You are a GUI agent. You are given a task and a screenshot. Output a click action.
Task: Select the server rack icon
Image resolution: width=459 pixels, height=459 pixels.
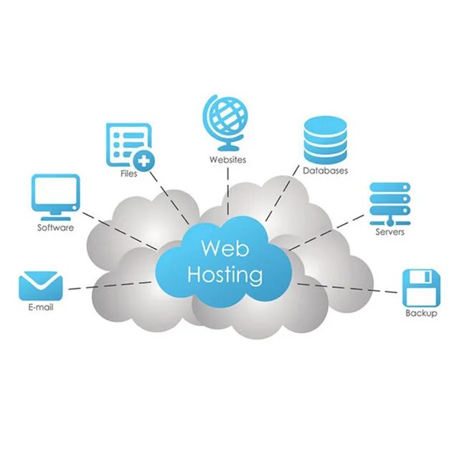click(x=389, y=203)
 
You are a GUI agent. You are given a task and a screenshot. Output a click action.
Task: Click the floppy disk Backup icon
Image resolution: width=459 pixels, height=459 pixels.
click(x=420, y=288)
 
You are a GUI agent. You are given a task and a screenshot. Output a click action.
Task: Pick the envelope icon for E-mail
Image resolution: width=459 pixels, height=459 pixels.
click(x=40, y=286)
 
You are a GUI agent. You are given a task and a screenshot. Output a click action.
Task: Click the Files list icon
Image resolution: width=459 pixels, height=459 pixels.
click(x=128, y=142)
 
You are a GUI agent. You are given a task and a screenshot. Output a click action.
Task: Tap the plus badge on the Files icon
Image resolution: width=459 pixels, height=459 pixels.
click(x=144, y=161)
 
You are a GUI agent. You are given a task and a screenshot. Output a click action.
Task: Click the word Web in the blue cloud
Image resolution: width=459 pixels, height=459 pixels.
click(x=224, y=248)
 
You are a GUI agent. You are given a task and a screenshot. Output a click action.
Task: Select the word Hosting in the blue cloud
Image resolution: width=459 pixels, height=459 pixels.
click(x=224, y=275)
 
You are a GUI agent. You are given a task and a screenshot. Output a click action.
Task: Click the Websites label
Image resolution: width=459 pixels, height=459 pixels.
click(x=227, y=159)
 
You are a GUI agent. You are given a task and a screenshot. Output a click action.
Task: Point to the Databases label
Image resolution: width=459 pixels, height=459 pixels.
click(x=325, y=171)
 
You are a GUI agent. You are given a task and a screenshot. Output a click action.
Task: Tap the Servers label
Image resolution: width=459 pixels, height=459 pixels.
click(x=389, y=232)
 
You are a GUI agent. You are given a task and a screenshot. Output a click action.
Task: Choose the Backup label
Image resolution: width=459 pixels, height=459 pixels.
click(x=420, y=314)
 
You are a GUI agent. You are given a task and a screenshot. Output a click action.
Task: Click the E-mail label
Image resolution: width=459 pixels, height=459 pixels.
click(x=40, y=308)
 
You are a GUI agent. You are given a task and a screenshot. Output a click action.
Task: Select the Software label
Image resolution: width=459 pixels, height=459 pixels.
click(x=55, y=228)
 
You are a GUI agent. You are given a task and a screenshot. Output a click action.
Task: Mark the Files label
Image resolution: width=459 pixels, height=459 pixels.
click(x=129, y=174)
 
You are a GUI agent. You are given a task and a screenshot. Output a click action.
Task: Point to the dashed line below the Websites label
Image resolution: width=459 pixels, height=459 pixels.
click(x=227, y=190)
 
